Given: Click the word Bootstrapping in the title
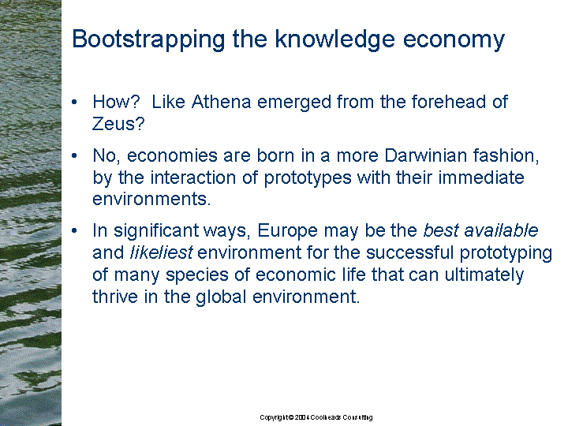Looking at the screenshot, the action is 148,40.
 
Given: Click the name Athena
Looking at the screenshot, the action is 222,102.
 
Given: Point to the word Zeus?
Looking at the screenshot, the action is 118,124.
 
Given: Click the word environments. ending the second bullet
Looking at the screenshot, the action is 151,199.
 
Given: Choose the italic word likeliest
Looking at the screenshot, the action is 161,252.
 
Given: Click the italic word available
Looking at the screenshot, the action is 501,230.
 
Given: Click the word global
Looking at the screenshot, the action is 221,297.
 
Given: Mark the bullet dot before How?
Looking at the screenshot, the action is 75,103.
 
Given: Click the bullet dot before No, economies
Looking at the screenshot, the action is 75,156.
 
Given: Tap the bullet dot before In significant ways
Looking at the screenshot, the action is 75,231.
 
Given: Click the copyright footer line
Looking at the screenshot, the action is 316,417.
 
